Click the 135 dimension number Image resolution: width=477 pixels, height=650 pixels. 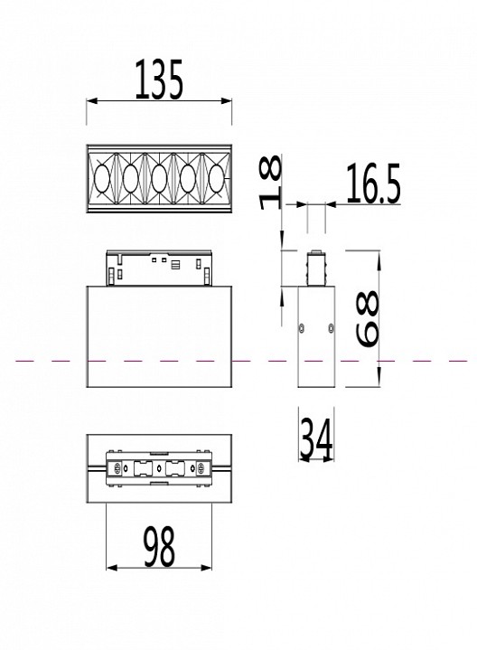pyautogui.click(x=159, y=80)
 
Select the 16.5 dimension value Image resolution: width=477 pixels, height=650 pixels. pyautogui.click(x=372, y=185)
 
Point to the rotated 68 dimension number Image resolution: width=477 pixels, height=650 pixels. pyautogui.click(x=368, y=320)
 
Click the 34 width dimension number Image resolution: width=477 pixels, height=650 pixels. pyautogui.click(x=315, y=441)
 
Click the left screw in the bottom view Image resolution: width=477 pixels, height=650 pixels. pyautogui.click(x=117, y=469)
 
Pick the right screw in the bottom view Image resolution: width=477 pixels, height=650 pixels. pyautogui.click(x=202, y=469)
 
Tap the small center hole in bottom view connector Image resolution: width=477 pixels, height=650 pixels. pyautogui.click(x=159, y=469)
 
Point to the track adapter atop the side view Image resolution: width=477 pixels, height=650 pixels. pyautogui.click(x=316, y=268)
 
